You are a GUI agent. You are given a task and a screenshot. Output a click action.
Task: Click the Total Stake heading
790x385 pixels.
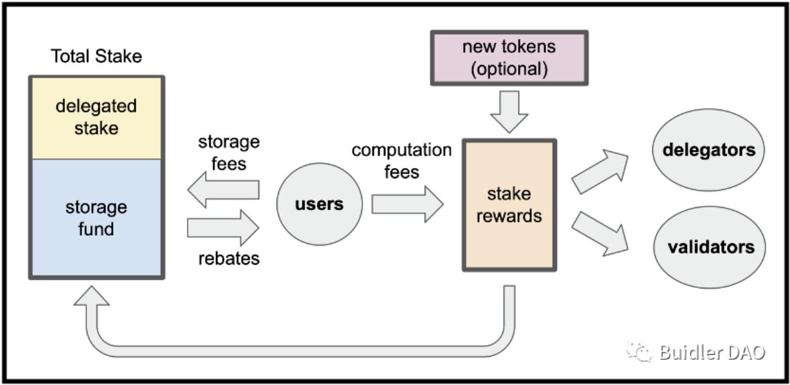[x=96, y=57]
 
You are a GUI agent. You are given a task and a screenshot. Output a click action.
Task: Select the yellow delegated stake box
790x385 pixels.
[x=96, y=117]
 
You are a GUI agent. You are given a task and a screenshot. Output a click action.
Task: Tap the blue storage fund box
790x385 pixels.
[x=96, y=218]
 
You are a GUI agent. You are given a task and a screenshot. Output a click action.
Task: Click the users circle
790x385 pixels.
[x=319, y=205]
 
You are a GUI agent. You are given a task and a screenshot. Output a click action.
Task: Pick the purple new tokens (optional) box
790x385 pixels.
[x=509, y=57]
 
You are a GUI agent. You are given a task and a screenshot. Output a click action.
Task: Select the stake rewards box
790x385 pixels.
[x=509, y=205]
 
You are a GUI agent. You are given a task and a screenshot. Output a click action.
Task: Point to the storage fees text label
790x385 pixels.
[x=228, y=153]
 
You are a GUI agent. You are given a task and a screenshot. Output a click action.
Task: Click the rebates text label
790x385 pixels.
[x=228, y=258]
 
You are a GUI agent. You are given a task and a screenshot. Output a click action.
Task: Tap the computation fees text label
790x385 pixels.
[x=401, y=161]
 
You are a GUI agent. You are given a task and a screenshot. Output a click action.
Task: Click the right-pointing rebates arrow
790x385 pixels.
[x=223, y=227]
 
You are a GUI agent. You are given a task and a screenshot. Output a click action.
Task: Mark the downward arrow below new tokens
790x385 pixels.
[x=509, y=111]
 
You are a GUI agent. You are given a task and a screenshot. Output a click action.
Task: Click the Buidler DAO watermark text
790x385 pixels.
[x=712, y=352]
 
